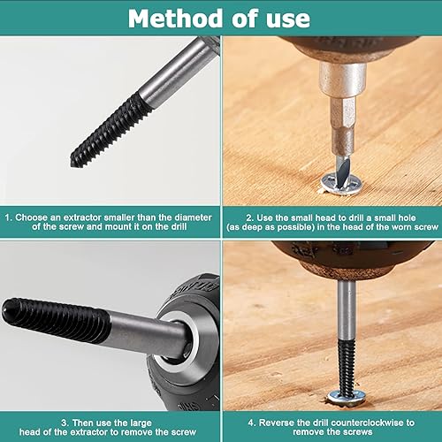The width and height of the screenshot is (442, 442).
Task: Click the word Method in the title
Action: point(175,19)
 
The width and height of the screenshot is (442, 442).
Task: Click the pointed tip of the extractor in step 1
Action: point(72,164)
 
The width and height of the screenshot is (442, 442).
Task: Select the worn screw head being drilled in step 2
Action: point(341,184)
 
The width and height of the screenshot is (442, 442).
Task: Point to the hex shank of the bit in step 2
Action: point(343,127)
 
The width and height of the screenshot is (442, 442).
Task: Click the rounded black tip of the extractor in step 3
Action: point(6,309)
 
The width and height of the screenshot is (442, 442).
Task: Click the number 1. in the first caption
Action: point(9,217)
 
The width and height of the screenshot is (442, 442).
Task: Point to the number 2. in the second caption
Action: point(250,218)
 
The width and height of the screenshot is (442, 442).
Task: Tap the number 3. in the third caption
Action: point(65,423)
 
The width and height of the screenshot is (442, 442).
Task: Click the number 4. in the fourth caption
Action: point(252,423)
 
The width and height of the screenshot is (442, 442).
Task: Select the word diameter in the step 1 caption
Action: point(193,217)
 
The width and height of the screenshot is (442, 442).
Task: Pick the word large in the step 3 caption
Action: point(140,423)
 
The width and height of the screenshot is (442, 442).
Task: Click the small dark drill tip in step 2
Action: point(344,173)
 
